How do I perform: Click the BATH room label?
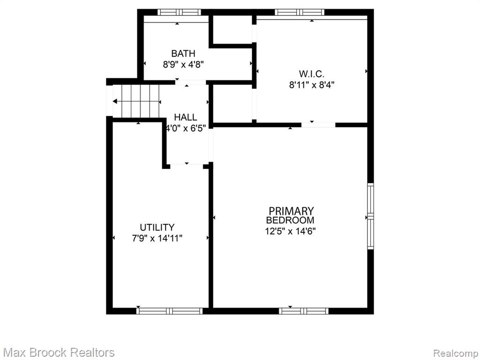(x=183, y=53)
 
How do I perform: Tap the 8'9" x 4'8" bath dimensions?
(x=183, y=65)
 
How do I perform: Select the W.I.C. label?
(x=311, y=74)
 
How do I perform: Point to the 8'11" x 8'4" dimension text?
(x=311, y=85)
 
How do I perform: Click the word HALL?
(x=186, y=117)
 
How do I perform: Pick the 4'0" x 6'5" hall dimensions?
(x=186, y=128)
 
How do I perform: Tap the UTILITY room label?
(x=157, y=227)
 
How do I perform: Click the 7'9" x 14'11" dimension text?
(x=157, y=238)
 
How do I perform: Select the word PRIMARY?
(x=291, y=211)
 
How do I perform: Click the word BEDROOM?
(x=290, y=220)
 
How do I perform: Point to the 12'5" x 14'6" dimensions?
(x=290, y=231)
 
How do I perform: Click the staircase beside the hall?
(x=136, y=101)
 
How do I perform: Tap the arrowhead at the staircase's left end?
(x=114, y=101)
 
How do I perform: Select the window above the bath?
(x=179, y=12)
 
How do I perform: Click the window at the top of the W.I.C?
(x=300, y=12)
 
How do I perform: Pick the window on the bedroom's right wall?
(x=370, y=216)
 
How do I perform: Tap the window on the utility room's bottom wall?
(x=169, y=311)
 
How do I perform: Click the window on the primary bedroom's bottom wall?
(x=304, y=311)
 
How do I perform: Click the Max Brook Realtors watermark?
(x=59, y=352)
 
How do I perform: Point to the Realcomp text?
(x=456, y=353)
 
